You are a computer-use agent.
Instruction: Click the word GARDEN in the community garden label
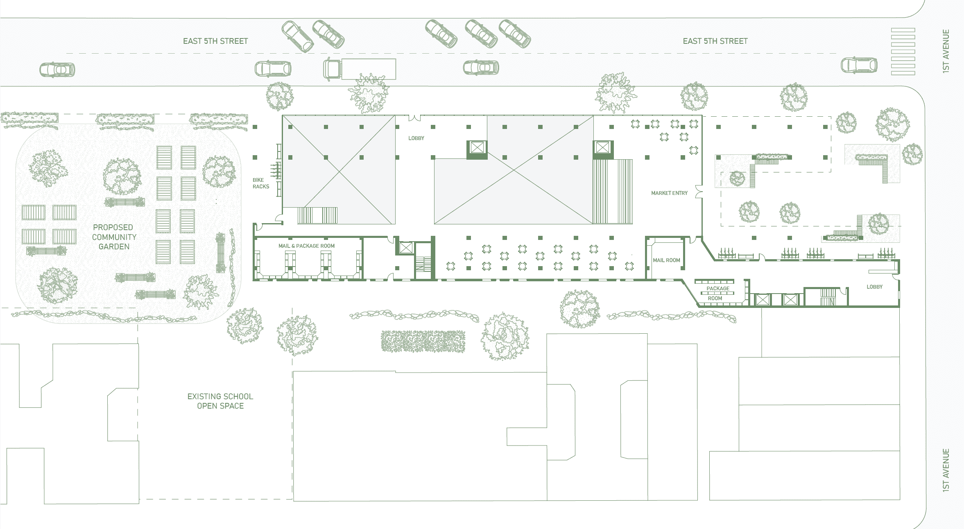(x=114, y=246)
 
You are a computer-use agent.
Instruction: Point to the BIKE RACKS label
(x=260, y=183)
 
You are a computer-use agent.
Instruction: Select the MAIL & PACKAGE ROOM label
(x=306, y=246)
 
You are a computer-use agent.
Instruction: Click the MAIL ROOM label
(x=666, y=260)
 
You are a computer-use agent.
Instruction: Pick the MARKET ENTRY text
(x=669, y=193)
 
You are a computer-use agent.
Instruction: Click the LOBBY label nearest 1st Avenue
(x=874, y=287)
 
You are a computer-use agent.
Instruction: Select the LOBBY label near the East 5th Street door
(x=416, y=138)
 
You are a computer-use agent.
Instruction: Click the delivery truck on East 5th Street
(x=360, y=69)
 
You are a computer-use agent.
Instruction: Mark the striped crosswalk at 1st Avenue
(x=903, y=52)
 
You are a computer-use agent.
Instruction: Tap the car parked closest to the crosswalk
(x=859, y=65)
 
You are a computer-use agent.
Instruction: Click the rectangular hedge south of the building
(x=423, y=341)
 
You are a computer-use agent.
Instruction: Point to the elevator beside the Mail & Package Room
(x=406, y=248)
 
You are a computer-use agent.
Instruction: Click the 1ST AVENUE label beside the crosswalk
(x=946, y=51)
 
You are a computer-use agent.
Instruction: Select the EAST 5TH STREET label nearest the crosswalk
(x=715, y=41)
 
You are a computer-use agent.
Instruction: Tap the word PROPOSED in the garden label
(x=113, y=227)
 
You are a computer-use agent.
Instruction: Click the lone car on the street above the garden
(x=57, y=70)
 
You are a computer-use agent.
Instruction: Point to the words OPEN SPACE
(x=220, y=406)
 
